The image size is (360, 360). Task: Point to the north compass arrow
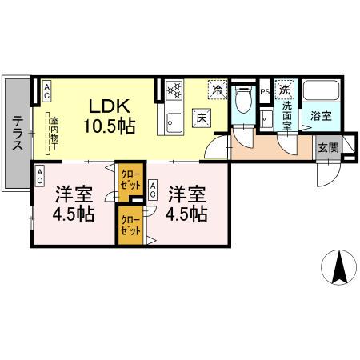coord(338,268)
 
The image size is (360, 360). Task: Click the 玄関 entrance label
coord(327,147)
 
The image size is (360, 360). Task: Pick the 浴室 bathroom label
coord(322,115)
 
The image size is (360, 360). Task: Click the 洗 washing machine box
coord(286,90)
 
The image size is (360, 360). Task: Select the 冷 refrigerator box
coord(216,90)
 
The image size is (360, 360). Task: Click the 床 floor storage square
coord(202,120)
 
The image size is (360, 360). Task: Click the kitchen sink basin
coord(174,124)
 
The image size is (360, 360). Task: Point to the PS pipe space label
coord(265,92)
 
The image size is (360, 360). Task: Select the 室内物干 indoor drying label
coord(49,130)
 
